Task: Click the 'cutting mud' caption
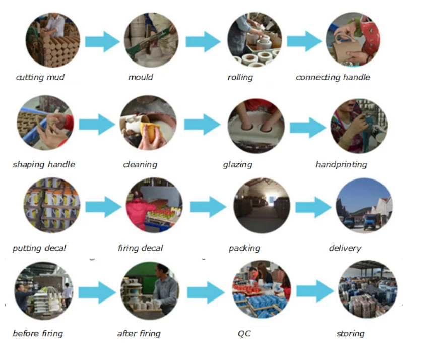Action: coord(40,77)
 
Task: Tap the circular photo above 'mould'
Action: coord(151,40)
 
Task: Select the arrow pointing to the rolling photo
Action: coord(203,42)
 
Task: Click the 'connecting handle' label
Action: coord(333,77)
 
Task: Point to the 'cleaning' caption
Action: coord(140,164)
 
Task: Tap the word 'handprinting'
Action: coord(341,164)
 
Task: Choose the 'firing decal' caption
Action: coord(140,248)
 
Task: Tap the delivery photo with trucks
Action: coord(364,206)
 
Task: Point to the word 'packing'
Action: coord(244,248)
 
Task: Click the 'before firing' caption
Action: coord(38,333)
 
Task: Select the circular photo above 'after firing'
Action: coord(150,289)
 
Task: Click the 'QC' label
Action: coord(244,333)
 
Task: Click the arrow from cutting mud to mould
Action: coord(102,42)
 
